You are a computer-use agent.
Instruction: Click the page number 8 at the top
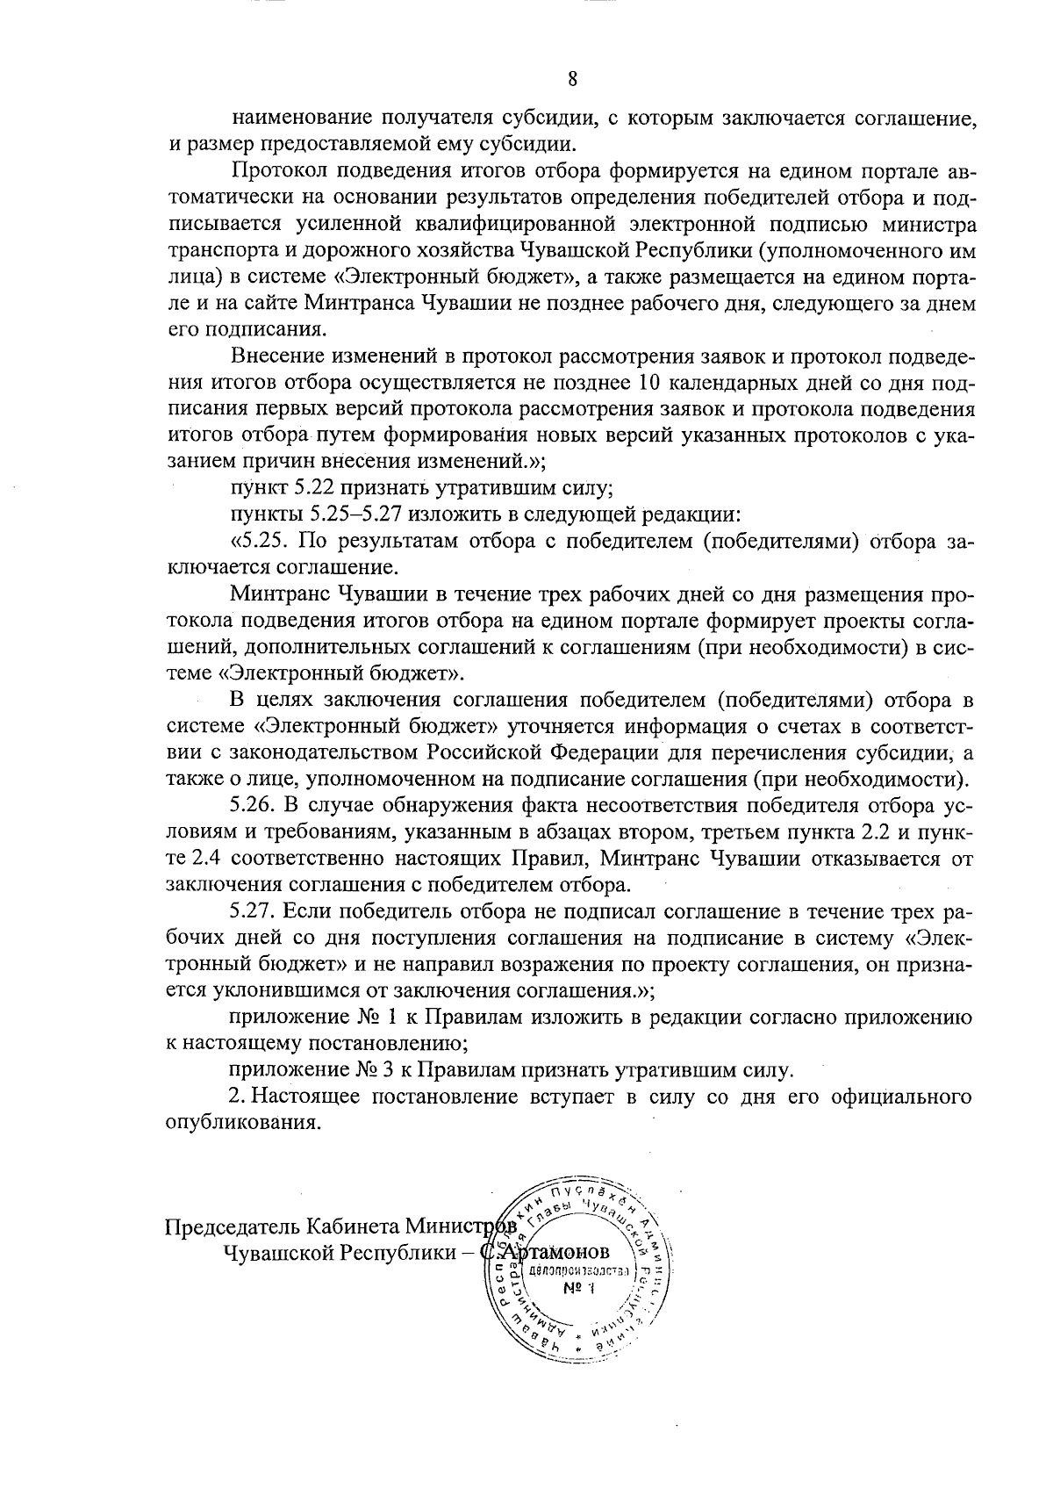point(572,79)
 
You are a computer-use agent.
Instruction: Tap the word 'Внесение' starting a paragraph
point(276,357)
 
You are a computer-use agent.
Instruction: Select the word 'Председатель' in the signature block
point(227,1225)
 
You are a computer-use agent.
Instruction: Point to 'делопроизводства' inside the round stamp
point(579,1271)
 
